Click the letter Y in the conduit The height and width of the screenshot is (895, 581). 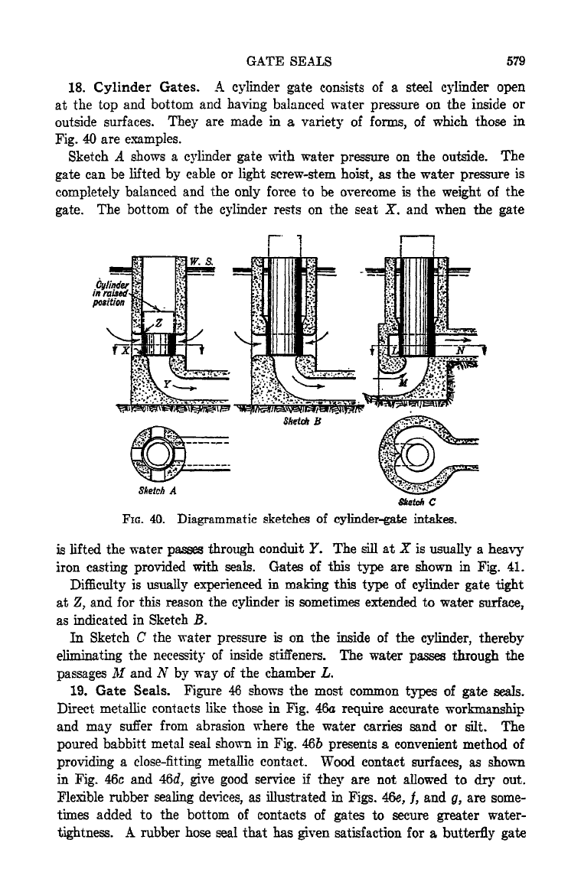tap(167, 384)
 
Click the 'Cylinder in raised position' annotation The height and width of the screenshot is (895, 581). tap(109, 293)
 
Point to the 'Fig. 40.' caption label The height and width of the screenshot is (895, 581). tap(144, 520)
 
